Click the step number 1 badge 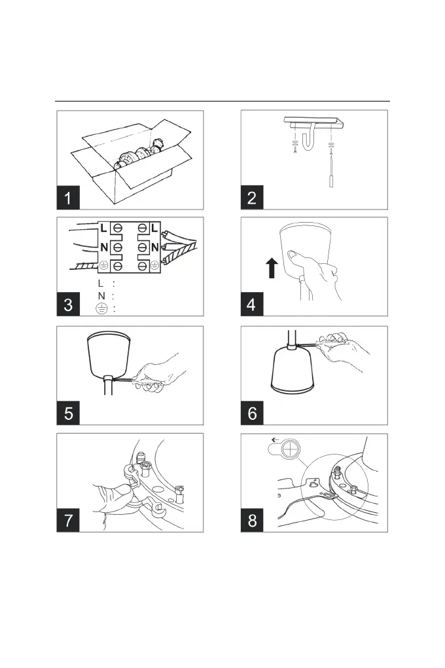[x=69, y=196]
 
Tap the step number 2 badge [x=252, y=196]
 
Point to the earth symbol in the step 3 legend [x=102, y=309]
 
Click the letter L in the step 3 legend [x=100, y=284]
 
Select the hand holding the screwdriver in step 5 [x=157, y=373]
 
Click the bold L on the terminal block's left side [x=103, y=228]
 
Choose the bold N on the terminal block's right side [x=155, y=248]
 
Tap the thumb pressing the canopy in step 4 [x=293, y=254]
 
